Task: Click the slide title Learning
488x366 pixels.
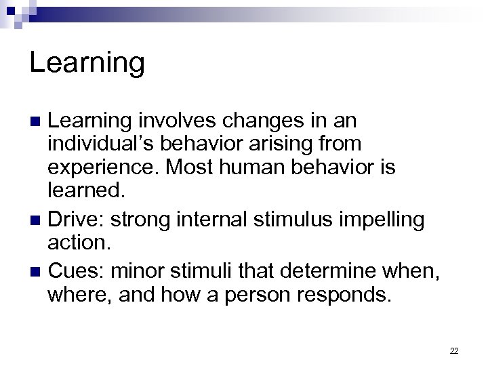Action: coord(87,63)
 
